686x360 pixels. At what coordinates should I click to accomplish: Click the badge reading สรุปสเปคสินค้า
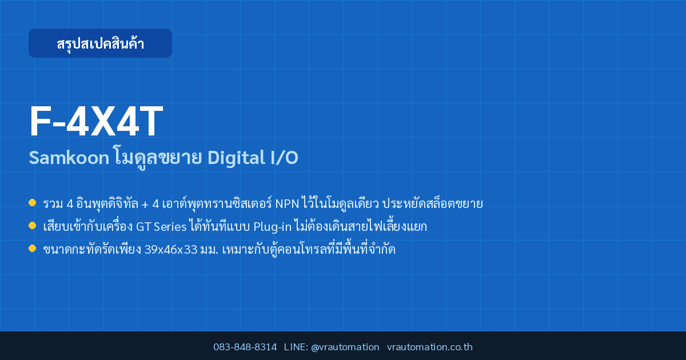pyautogui.click(x=100, y=43)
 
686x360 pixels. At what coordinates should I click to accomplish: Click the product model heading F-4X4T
pyautogui.click(x=96, y=121)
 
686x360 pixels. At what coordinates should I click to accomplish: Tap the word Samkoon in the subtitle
pyautogui.click(x=69, y=158)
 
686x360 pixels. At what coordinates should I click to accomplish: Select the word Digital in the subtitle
pyautogui.click(x=236, y=158)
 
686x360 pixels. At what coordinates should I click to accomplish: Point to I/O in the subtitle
pyautogui.click(x=284, y=158)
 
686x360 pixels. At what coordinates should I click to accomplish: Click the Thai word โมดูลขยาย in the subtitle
pyautogui.click(x=158, y=158)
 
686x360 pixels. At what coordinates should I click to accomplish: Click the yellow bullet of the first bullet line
pyautogui.click(x=32, y=203)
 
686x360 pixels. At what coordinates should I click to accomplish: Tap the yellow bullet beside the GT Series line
pyautogui.click(x=32, y=226)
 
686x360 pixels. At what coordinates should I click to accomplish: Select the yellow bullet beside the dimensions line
pyautogui.click(x=32, y=248)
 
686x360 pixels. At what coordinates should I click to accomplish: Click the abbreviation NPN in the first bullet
pyautogui.click(x=287, y=204)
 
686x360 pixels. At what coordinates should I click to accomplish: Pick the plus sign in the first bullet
pyautogui.click(x=145, y=205)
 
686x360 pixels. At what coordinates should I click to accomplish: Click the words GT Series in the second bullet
pyautogui.click(x=161, y=227)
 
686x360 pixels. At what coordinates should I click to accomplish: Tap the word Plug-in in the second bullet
pyautogui.click(x=272, y=227)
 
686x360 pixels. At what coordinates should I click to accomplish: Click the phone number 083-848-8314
pyautogui.click(x=245, y=347)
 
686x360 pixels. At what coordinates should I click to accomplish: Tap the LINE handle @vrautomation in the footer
pyautogui.click(x=345, y=347)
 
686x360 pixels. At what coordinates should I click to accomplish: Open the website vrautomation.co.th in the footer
pyautogui.click(x=430, y=347)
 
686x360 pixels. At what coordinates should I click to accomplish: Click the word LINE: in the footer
pyautogui.click(x=296, y=347)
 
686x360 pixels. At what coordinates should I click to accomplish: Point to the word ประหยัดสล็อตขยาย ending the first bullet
pyautogui.click(x=432, y=204)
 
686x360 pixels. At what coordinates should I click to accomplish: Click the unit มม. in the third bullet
pyautogui.click(x=209, y=250)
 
